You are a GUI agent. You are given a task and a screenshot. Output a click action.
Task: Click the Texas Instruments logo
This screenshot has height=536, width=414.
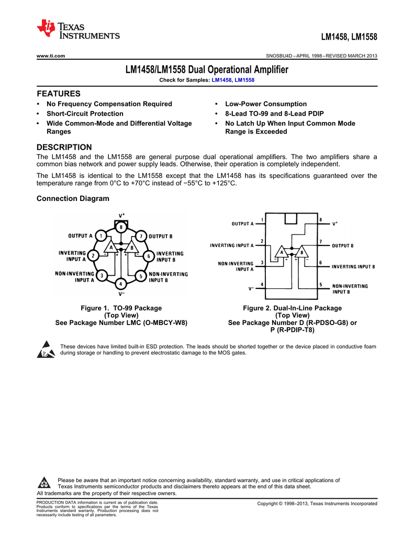[78, 30]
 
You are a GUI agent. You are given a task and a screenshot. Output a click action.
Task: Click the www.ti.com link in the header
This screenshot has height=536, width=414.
[50, 56]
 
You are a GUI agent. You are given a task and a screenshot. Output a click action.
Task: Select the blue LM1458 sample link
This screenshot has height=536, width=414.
[221, 80]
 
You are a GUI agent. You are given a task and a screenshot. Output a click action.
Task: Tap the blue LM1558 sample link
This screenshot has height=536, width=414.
[244, 80]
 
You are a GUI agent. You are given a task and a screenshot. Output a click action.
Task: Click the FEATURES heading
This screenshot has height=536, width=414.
[59, 94]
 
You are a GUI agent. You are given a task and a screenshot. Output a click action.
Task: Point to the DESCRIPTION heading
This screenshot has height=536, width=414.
[64, 147]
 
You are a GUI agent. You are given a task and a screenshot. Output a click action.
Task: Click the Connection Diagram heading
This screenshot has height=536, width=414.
[73, 198]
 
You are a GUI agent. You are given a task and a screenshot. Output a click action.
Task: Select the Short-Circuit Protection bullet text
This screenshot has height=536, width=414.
[85, 114]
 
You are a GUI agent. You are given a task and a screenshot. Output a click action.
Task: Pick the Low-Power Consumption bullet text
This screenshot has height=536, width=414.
[266, 104]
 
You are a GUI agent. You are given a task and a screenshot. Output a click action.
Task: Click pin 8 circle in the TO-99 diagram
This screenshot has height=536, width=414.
[121, 227]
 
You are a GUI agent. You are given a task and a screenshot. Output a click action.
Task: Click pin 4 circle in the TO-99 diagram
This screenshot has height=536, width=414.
[121, 284]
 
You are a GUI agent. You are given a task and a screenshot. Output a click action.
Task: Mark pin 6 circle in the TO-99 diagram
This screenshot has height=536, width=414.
[149, 256]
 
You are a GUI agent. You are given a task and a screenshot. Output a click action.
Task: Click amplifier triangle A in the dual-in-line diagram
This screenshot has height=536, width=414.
[283, 252]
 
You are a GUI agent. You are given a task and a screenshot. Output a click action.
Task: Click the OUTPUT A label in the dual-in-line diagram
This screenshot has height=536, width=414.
[242, 224]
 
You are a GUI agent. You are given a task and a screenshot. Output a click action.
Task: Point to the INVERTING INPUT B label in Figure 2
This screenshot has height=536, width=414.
[353, 266]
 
